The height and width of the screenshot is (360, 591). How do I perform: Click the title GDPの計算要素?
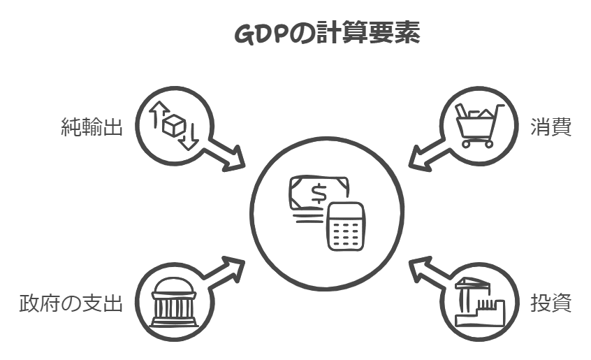[326, 34]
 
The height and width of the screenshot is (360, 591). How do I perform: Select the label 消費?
[551, 128]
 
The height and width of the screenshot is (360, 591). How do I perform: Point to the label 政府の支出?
[71, 304]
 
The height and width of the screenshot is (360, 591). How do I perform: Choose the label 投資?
[551, 304]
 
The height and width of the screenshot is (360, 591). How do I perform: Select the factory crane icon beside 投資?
[479, 303]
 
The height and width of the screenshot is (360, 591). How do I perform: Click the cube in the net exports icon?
[173, 126]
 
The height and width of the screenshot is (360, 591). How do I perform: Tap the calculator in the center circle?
[346, 226]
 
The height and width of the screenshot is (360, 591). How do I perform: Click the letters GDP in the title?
[259, 34]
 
